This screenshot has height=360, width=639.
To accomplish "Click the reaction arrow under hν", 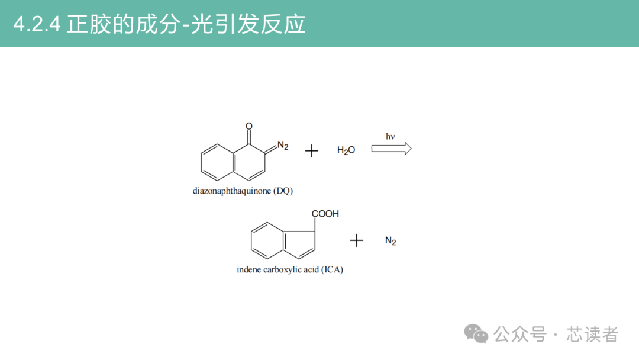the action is coord(391,149).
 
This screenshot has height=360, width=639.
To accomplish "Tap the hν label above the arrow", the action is coord(390,137).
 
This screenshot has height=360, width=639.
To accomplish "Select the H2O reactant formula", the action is coord(346,150).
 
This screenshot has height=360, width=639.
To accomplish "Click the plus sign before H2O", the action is coord(312,151).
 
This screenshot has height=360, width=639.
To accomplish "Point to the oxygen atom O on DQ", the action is coord(249,126).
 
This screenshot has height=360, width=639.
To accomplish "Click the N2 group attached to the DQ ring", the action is coord(283,146).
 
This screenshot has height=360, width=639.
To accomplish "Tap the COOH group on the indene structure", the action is coord(325,214).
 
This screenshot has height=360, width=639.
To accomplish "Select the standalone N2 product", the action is coord(390,241).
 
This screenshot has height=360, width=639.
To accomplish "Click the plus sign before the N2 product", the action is coord(357,240).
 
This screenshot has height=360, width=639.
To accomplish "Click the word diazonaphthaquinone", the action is coord(232,191).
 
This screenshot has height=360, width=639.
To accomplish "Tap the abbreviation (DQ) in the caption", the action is coord(283,191).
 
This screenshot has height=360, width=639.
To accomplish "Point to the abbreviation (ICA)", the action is coord(332,270).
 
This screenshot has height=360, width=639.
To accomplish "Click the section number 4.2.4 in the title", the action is coord(37,24).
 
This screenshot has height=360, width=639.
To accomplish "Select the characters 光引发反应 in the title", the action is coord(248,24).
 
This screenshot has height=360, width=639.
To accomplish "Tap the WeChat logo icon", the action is coord(476,334).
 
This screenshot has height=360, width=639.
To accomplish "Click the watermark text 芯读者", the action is coord(592,335).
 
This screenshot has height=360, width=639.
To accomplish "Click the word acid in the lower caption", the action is coord(311,269).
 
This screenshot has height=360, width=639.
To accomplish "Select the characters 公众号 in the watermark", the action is coord(520,335).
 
